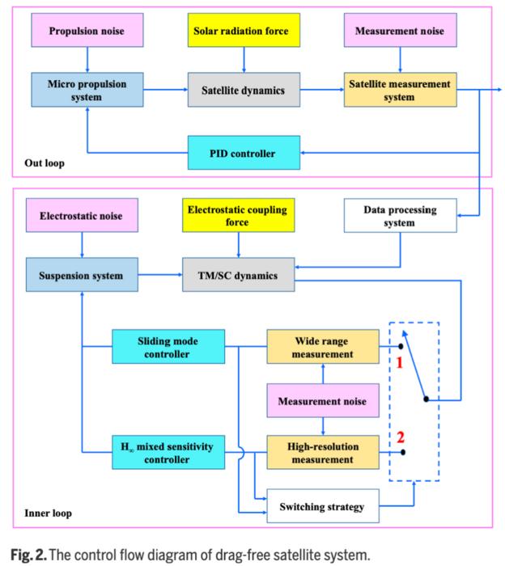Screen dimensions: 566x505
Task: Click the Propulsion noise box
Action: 85,32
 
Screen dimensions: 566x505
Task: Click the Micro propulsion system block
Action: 85,91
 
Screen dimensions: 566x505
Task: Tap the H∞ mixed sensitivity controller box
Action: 168,453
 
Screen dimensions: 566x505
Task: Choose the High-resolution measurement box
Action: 323,453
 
